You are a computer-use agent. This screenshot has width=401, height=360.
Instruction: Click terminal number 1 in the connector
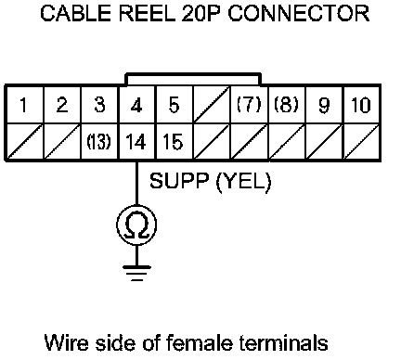tap(23, 105)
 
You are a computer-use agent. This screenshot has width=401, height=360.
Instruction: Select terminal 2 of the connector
tap(62, 105)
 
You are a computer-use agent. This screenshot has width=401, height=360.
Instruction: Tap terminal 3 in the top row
tap(99, 105)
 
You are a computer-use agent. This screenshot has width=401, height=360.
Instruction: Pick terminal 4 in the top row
tap(136, 106)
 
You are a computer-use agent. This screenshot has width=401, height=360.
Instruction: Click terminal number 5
tap(174, 105)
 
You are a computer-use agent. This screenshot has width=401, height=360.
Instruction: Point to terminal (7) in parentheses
tap(249, 105)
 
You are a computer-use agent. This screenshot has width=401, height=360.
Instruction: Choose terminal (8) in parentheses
tap(286, 105)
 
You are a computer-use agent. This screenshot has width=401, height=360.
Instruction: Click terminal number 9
tap(324, 106)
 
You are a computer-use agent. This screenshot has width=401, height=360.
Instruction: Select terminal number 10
tap(361, 105)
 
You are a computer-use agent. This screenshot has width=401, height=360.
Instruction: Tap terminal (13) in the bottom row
tap(99, 142)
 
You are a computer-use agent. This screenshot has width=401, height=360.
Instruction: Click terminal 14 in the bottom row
tap(136, 142)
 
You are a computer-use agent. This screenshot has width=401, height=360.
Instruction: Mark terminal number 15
tap(174, 142)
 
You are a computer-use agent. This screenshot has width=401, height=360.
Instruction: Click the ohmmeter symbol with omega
tap(136, 225)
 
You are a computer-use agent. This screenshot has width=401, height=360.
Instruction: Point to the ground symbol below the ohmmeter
tap(136, 273)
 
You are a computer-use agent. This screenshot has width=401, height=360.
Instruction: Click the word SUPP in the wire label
tap(179, 181)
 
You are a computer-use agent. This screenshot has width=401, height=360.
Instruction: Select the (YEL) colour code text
tap(243, 182)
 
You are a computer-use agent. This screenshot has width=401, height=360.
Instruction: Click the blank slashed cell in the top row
tap(212, 105)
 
